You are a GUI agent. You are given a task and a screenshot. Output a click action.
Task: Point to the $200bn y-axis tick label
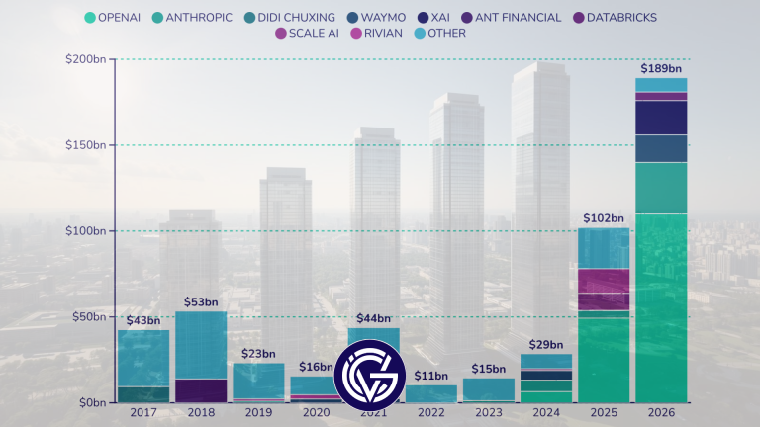86,60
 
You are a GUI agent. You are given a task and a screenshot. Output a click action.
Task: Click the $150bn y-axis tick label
86,145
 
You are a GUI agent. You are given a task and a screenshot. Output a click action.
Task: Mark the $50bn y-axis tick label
89,317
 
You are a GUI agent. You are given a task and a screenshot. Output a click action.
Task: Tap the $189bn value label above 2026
661,69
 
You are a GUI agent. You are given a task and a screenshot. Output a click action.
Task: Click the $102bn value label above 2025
604,218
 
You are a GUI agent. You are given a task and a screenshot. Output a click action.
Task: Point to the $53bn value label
201,302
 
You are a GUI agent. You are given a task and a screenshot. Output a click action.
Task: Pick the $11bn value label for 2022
431,376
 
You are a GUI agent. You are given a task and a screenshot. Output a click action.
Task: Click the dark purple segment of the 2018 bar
201,390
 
